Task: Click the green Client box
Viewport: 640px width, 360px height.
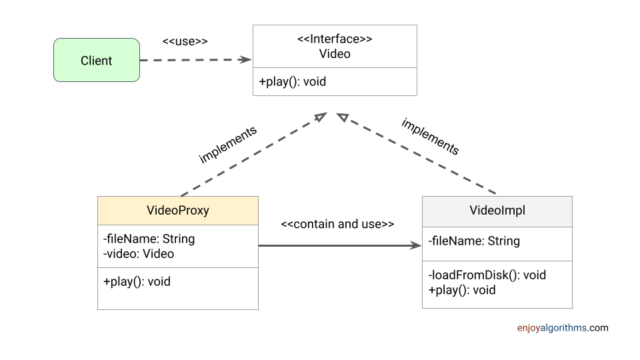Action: (97, 61)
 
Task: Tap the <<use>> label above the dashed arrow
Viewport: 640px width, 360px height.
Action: (185, 41)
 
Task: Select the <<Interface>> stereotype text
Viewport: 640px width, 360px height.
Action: (335, 39)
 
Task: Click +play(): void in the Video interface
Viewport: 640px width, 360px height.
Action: (292, 82)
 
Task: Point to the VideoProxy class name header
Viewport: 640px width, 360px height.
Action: (177, 211)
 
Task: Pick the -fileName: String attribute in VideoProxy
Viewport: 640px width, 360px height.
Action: (149, 239)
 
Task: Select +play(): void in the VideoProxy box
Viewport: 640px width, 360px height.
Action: (137, 281)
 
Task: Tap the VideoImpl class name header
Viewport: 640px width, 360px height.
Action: (497, 211)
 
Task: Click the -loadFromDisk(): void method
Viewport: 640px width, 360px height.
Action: (487, 275)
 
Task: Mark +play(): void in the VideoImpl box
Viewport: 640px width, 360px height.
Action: (462, 290)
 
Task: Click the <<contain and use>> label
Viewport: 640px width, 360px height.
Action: (337, 224)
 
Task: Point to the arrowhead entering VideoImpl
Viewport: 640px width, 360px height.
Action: (416, 246)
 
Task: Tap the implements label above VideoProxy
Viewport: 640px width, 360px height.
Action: (227, 145)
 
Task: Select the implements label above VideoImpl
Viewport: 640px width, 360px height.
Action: (430, 137)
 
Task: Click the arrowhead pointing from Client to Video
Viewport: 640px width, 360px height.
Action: (246, 59)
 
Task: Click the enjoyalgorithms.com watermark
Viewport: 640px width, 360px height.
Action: (562, 328)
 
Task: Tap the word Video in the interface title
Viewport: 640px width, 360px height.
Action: (335, 53)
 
